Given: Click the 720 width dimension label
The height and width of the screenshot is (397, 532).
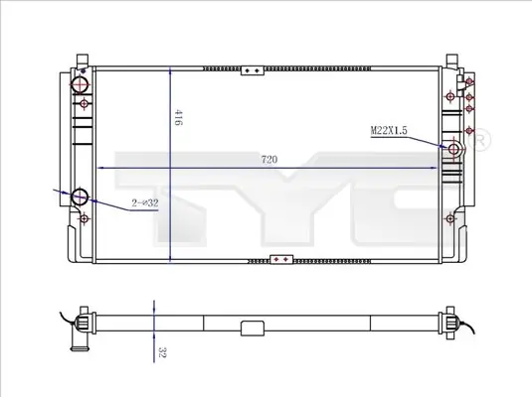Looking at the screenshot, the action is click(269, 159).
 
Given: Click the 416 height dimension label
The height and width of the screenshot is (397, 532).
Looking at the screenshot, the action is click(178, 117).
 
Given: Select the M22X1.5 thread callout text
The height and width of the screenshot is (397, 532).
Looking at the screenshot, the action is click(389, 130).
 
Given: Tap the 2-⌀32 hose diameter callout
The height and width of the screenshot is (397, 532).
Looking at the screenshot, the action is click(145, 202).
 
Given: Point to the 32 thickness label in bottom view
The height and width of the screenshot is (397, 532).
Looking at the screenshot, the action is click(162, 352).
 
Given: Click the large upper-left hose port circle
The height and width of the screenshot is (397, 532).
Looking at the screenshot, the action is click(80, 84).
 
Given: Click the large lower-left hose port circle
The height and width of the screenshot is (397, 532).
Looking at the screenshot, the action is click(80, 197).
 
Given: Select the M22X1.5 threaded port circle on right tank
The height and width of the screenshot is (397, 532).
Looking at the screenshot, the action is click(453, 148).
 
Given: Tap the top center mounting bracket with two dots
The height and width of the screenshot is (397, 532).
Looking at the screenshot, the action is click(253, 70).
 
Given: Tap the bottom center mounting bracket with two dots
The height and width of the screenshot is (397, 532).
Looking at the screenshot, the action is click(281, 259).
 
